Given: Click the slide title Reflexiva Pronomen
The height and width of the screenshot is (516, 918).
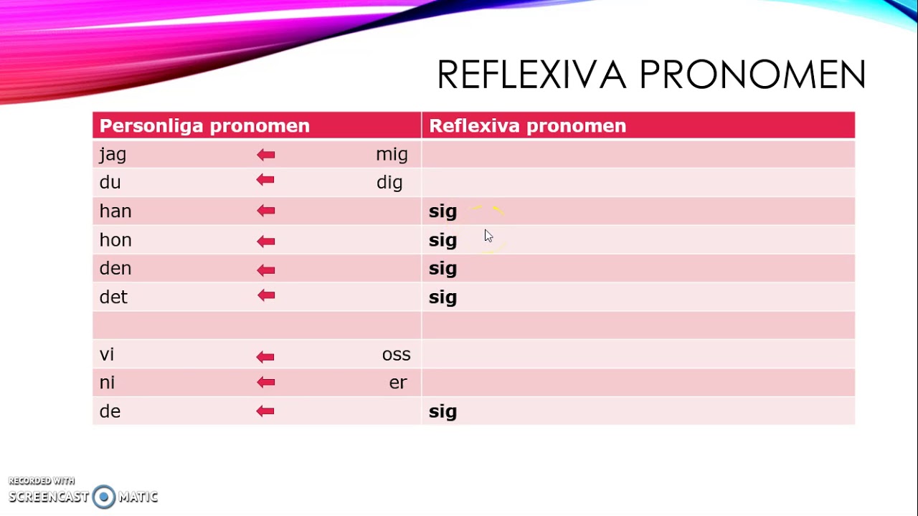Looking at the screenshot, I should coord(651,75).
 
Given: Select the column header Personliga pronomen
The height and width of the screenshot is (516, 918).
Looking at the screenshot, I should coord(204,126).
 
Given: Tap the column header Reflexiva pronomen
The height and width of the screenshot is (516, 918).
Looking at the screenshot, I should coord(527,126).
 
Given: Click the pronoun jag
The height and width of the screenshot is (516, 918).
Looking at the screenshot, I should coord(113,155).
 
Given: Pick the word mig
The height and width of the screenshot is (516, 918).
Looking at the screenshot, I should coord(392,155).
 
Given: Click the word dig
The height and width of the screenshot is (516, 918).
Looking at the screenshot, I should coord(389,183).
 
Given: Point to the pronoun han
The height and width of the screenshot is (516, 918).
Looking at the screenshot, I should coord(115,211).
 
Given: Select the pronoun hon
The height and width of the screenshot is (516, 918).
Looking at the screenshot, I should coord(115,240).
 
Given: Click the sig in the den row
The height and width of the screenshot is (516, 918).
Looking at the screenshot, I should coord(443,269).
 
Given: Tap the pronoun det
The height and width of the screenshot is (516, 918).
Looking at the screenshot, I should coord(113,297).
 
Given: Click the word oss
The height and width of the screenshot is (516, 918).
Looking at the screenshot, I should coord(396,355).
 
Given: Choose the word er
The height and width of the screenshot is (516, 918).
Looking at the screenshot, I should coord(398,383).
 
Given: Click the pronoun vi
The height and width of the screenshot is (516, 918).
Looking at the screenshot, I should coord(107,355).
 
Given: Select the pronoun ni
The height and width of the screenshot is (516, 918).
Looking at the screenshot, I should coord(107,383).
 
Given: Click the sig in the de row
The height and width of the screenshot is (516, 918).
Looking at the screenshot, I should coord(443,411).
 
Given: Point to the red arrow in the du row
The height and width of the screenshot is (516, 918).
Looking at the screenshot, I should coord(265,181).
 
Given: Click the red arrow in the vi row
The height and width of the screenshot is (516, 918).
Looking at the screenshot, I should coord(265,356).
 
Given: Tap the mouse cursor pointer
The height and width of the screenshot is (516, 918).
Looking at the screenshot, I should coord(488,236).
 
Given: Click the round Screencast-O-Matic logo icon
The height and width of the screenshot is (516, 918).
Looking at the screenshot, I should coord(104,497).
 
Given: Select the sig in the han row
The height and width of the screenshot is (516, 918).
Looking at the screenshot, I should coord(443,211).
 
